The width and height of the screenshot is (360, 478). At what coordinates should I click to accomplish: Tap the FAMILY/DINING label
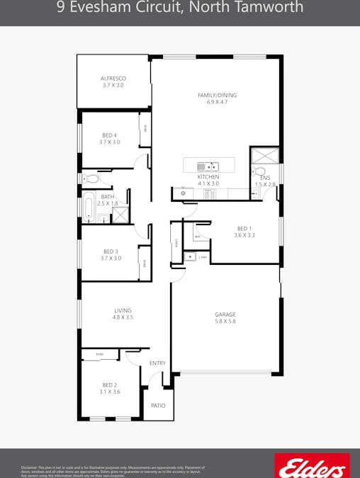pyautogui.click(x=217, y=95)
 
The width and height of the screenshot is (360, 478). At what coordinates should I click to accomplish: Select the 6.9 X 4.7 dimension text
pyautogui.click(x=217, y=102)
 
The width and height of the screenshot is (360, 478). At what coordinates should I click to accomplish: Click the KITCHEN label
pyautogui.click(x=208, y=176)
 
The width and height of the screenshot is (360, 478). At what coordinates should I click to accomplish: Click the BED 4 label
pyautogui.click(x=110, y=135)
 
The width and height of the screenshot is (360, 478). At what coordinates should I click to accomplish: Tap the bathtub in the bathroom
pyautogui.click(x=89, y=207)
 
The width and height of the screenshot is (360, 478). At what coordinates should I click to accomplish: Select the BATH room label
pyautogui.click(x=108, y=197)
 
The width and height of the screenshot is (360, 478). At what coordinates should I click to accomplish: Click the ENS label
pyautogui.click(x=265, y=178)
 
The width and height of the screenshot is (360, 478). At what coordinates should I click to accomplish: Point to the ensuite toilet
pyautogui.click(x=260, y=171)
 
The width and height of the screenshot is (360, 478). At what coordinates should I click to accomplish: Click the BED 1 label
pyautogui.click(x=244, y=228)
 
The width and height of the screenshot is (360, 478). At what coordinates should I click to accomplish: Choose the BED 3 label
pyautogui.click(x=111, y=251)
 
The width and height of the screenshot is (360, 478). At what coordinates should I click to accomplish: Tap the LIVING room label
pyautogui.click(x=123, y=310)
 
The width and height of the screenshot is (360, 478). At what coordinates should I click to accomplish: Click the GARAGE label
pyautogui.click(x=225, y=314)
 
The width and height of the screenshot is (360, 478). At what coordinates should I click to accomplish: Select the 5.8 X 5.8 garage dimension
pyautogui.click(x=225, y=321)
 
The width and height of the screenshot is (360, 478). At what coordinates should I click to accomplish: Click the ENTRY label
pyautogui.click(x=157, y=363)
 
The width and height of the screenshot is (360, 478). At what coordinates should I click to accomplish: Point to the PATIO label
pyautogui.click(x=158, y=406)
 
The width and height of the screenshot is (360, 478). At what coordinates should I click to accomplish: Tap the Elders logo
pyautogui.click(x=312, y=466)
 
